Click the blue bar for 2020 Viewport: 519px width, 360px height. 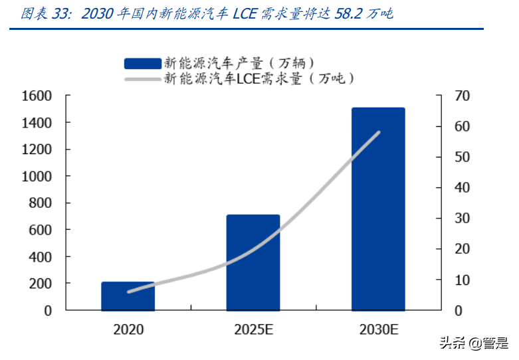(x=128, y=296)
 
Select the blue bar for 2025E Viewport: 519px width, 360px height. (x=253, y=262)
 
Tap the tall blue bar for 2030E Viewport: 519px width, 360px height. (x=378, y=209)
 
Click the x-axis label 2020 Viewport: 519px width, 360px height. (x=128, y=328)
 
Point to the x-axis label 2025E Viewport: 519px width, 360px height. (x=253, y=328)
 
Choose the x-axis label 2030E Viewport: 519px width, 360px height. (x=378, y=328)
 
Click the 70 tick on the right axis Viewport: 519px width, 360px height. (x=462, y=96)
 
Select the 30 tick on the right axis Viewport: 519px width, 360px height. (x=462, y=219)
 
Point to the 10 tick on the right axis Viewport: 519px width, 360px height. (x=462, y=280)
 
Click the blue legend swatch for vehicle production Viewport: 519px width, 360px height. (x=142, y=64)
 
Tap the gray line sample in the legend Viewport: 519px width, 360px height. (x=142, y=78)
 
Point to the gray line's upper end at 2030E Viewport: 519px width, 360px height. (x=379, y=132)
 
